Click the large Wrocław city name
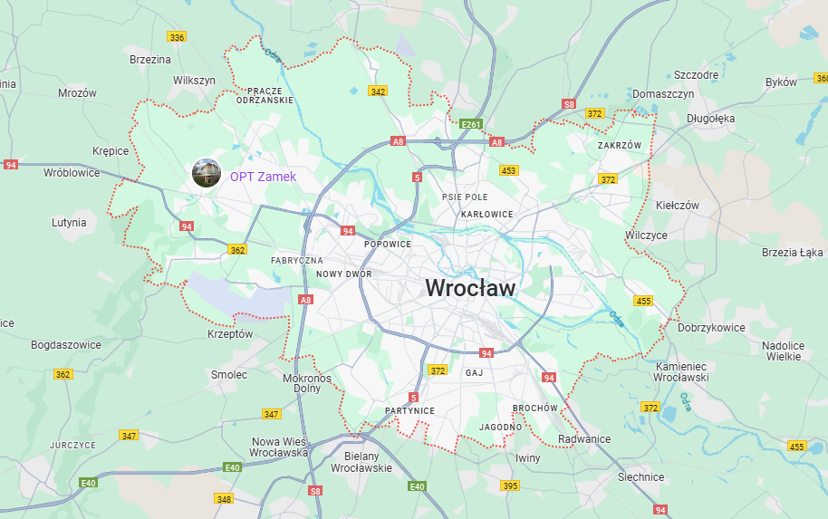coord(470,288)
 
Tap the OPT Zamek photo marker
coord(207,172)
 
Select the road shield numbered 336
coord(177,37)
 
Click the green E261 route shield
coord(470,124)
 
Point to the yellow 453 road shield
coord(508,170)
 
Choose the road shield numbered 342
coord(378,91)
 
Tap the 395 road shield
coord(510,486)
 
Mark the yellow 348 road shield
coord(224,499)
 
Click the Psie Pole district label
coord(465,197)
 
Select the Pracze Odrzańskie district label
coord(265,95)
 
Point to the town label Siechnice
coord(640,477)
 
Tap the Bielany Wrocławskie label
coord(361,462)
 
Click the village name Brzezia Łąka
coord(792,252)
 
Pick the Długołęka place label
coord(710,118)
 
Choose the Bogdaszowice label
coord(65,345)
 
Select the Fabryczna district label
coord(296,260)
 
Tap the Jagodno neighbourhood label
coord(501,427)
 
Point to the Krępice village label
coord(111,151)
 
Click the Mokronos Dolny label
coord(307,383)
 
